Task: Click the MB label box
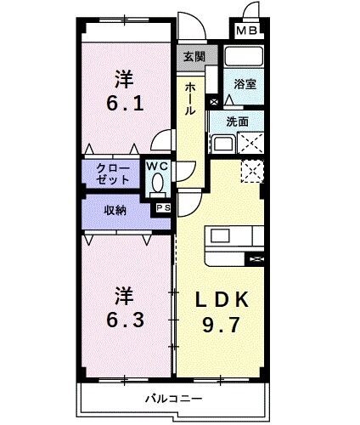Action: coord(246,32)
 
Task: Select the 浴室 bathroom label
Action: coord(246,85)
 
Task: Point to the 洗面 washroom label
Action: coord(238,122)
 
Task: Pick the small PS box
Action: coord(162,206)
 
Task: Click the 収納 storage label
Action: coord(116,210)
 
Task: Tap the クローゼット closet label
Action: coord(113,173)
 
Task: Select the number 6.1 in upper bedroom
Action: coord(125,106)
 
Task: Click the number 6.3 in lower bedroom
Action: coord(125,324)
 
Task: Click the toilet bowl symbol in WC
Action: coord(157,183)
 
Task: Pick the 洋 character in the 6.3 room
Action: coord(125,297)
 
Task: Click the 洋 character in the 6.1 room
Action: coord(125,79)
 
